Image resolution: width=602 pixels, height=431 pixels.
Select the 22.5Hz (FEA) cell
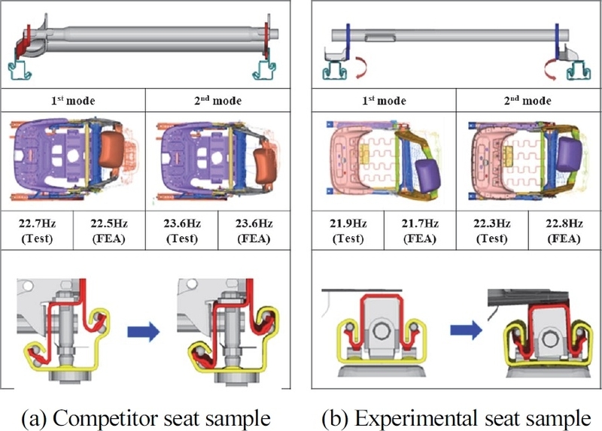tap(108, 230)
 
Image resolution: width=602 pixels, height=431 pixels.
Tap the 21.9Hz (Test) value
tap(348, 230)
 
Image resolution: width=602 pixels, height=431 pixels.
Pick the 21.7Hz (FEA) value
tap(419, 230)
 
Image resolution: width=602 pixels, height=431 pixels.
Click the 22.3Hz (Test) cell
tap(491, 230)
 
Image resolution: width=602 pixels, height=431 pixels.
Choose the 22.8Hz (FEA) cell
tap(563, 230)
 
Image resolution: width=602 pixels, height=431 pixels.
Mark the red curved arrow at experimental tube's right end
tap(547, 70)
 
